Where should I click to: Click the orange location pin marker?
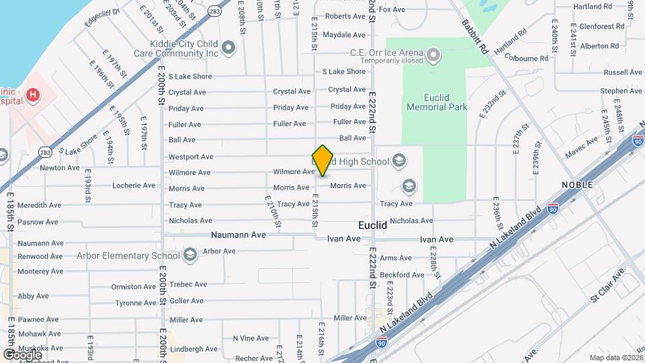[323, 160]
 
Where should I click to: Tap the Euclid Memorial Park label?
[437, 102]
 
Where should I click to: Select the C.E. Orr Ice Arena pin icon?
[433, 54]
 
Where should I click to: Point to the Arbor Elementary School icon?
[190, 255]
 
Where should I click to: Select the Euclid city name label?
[372, 226]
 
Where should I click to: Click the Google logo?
[22, 354]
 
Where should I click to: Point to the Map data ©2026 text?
[616, 358]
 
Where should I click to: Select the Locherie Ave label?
[134, 186]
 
